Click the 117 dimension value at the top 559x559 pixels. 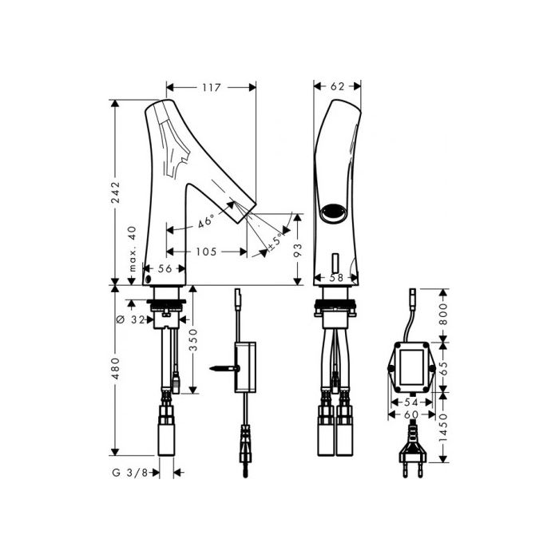tap(212, 87)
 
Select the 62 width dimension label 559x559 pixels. tap(337, 86)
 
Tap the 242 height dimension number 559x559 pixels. tap(115, 192)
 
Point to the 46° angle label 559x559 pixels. tap(206, 221)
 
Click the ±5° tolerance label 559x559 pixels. tap(276, 242)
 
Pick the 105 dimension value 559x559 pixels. tap(206, 252)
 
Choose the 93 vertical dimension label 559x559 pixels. tap(298, 249)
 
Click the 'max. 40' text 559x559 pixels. tap(132, 248)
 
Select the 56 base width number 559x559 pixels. tap(165, 268)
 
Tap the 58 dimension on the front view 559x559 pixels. tap(336, 277)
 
